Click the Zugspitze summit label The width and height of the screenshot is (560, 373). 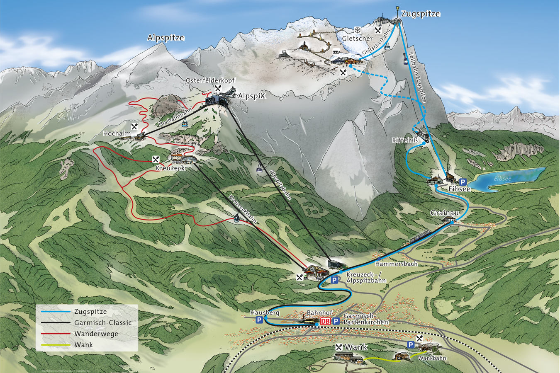420,14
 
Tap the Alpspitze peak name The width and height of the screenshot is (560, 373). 166,38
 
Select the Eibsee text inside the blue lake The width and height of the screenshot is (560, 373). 502,179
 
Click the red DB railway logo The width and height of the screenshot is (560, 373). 325,321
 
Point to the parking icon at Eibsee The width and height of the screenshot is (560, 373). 463,182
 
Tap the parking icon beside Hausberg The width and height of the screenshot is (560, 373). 259,320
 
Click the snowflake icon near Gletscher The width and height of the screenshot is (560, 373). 357,30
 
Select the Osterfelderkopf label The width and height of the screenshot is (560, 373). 210,80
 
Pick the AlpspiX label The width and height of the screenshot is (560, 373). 251,96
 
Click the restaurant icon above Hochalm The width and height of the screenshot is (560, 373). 134,126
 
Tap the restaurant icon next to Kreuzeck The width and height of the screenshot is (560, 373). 156,159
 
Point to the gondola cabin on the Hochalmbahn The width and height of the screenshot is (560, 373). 184,123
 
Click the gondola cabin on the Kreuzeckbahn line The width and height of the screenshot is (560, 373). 236,219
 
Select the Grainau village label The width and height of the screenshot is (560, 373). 445,213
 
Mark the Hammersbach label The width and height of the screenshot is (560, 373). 396,264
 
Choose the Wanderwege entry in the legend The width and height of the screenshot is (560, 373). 96,334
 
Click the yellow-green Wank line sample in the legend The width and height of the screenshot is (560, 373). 56,345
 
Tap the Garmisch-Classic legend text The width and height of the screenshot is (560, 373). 103,322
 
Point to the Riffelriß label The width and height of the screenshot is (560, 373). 405,140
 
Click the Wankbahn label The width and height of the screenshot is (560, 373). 432,358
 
